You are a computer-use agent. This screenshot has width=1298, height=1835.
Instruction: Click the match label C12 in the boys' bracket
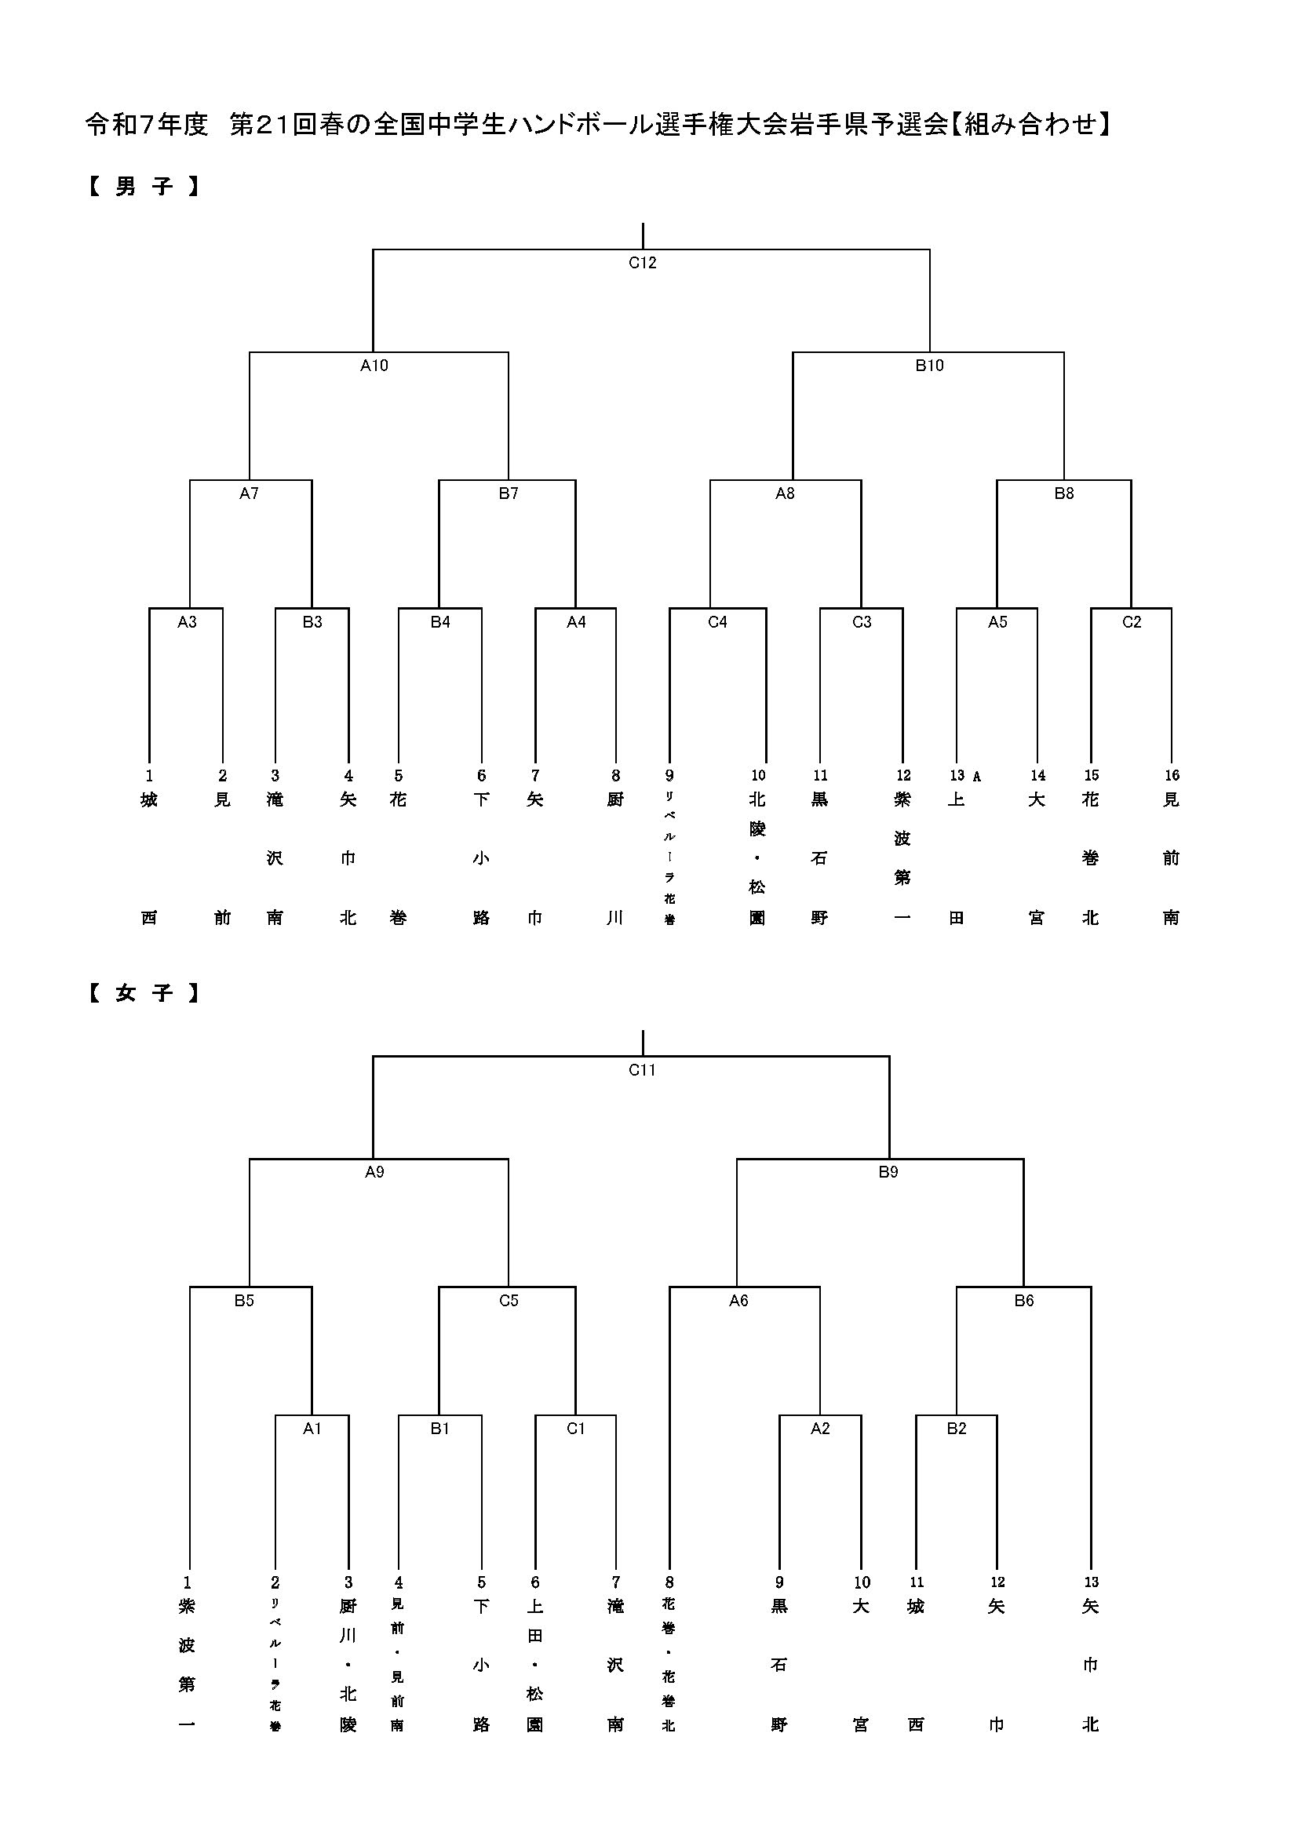click(642, 263)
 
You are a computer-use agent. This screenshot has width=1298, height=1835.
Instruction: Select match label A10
click(374, 366)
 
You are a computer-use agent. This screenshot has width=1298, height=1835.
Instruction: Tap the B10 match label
click(928, 366)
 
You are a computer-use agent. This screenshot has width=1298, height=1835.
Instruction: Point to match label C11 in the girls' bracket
click(642, 1070)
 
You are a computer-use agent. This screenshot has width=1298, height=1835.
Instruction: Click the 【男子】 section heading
click(143, 187)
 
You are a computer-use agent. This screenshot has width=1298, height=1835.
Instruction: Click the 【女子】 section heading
click(143, 993)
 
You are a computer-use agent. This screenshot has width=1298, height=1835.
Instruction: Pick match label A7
click(249, 494)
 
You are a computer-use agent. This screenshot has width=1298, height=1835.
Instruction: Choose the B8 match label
click(1063, 494)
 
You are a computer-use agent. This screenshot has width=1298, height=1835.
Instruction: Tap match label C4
click(717, 623)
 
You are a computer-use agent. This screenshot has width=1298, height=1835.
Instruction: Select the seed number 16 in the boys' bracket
click(1171, 775)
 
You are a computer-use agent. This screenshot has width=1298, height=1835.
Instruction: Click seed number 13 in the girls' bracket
click(1091, 1582)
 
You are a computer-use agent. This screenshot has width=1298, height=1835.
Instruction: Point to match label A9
click(374, 1172)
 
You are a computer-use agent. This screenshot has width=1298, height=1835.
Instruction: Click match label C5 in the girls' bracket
click(509, 1301)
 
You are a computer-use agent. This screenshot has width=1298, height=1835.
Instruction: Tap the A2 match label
click(820, 1429)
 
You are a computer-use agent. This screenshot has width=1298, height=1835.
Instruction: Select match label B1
click(439, 1429)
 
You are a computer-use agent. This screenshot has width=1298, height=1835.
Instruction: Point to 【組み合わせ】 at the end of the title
click(1031, 125)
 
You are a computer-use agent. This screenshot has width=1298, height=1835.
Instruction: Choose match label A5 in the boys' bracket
click(997, 623)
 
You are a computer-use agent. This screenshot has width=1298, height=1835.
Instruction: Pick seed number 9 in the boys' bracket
click(669, 775)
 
